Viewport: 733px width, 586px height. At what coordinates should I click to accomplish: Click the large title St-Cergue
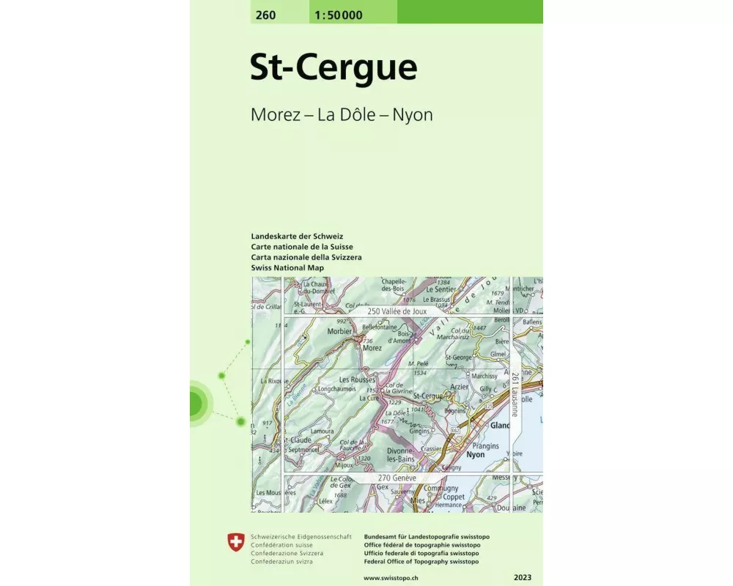334,67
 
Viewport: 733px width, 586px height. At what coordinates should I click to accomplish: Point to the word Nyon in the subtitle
413,115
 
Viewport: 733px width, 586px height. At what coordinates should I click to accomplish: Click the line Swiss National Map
287,268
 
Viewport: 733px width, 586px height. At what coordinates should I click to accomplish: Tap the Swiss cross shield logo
235,543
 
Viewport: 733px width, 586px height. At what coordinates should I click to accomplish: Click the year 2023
523,578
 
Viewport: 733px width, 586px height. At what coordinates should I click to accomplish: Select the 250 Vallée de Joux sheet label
397,311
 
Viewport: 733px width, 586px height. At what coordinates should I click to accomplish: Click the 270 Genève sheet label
397,478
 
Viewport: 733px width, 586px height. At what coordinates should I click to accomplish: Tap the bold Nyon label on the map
475,455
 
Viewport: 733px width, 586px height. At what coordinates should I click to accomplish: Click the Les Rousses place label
357,379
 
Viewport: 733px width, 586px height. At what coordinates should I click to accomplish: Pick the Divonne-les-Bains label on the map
400,455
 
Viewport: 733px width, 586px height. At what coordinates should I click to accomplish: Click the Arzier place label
460,386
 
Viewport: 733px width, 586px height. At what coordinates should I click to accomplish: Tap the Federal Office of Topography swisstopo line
421,562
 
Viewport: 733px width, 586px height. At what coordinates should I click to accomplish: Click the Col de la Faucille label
352,445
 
